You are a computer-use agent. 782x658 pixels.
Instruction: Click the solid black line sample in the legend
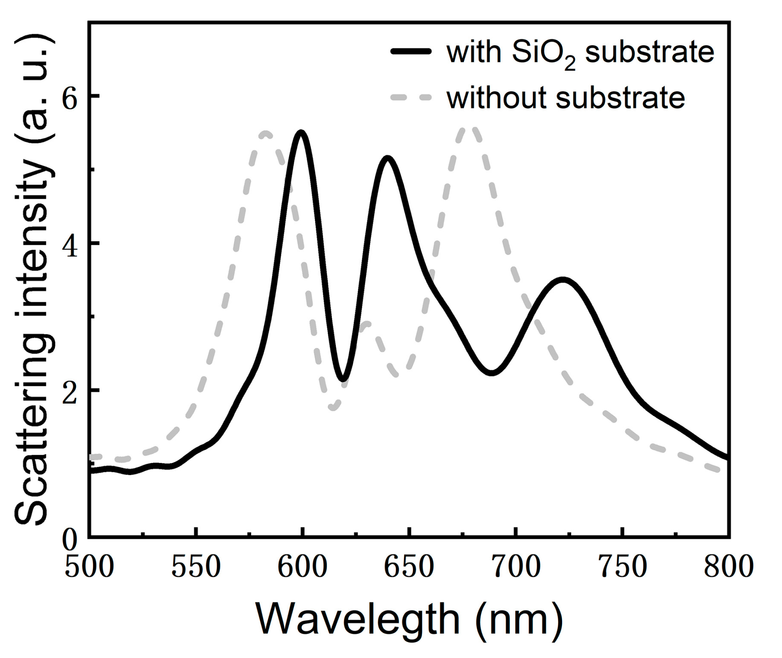click(x=411, y=52)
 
